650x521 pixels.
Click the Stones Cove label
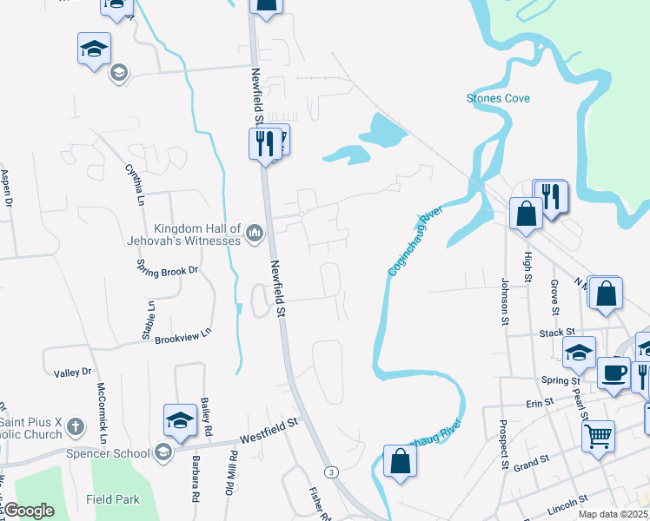coord(498,98)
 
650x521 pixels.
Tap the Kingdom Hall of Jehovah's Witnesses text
coord(197,233)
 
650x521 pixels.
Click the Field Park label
coord(113,499)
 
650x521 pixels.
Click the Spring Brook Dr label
coord(169,270)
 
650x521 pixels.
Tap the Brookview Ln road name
coord(183,335)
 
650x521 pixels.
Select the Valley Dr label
coord(73,373)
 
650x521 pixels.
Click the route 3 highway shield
coord(330,472)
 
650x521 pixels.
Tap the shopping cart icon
coord(597,437)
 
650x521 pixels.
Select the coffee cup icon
coord(614,373)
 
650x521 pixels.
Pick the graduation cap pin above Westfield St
coord(180,420)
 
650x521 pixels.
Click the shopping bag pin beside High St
coord(527,214)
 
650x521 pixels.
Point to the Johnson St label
coord(504,301)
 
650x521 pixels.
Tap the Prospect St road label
coord(503,444)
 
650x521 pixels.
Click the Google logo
coord(29,511)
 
